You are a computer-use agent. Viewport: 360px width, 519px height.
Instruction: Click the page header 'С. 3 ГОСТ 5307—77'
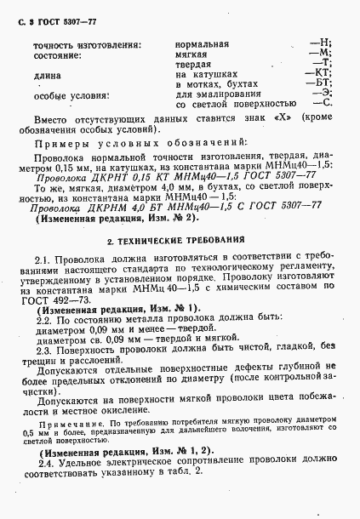coord(50,16)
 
